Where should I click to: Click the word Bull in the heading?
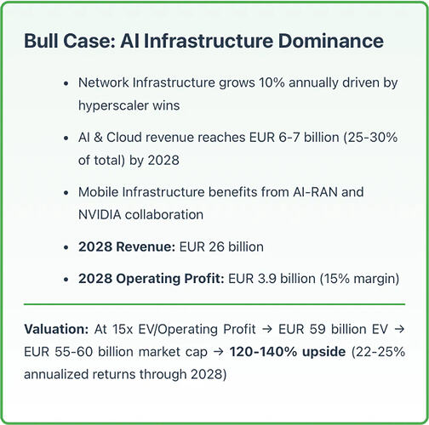pos(40,41)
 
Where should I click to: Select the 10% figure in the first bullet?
pos(272,82)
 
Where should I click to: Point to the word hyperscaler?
pos(113,106)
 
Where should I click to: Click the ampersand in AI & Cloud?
pos(98,138)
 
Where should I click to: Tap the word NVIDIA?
pos(100,214)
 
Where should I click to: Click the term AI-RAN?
pos(315,192)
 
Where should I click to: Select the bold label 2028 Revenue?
pos(127,246)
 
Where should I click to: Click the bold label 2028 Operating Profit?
pos(152,279)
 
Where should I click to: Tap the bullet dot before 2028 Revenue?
pos(66,247)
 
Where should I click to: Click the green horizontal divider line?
pos(214,304)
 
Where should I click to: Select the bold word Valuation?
pos(56,329)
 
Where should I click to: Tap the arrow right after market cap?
pos(218,352)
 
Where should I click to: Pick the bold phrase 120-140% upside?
pos(288,352)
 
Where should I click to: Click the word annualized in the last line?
pos(56,375)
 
